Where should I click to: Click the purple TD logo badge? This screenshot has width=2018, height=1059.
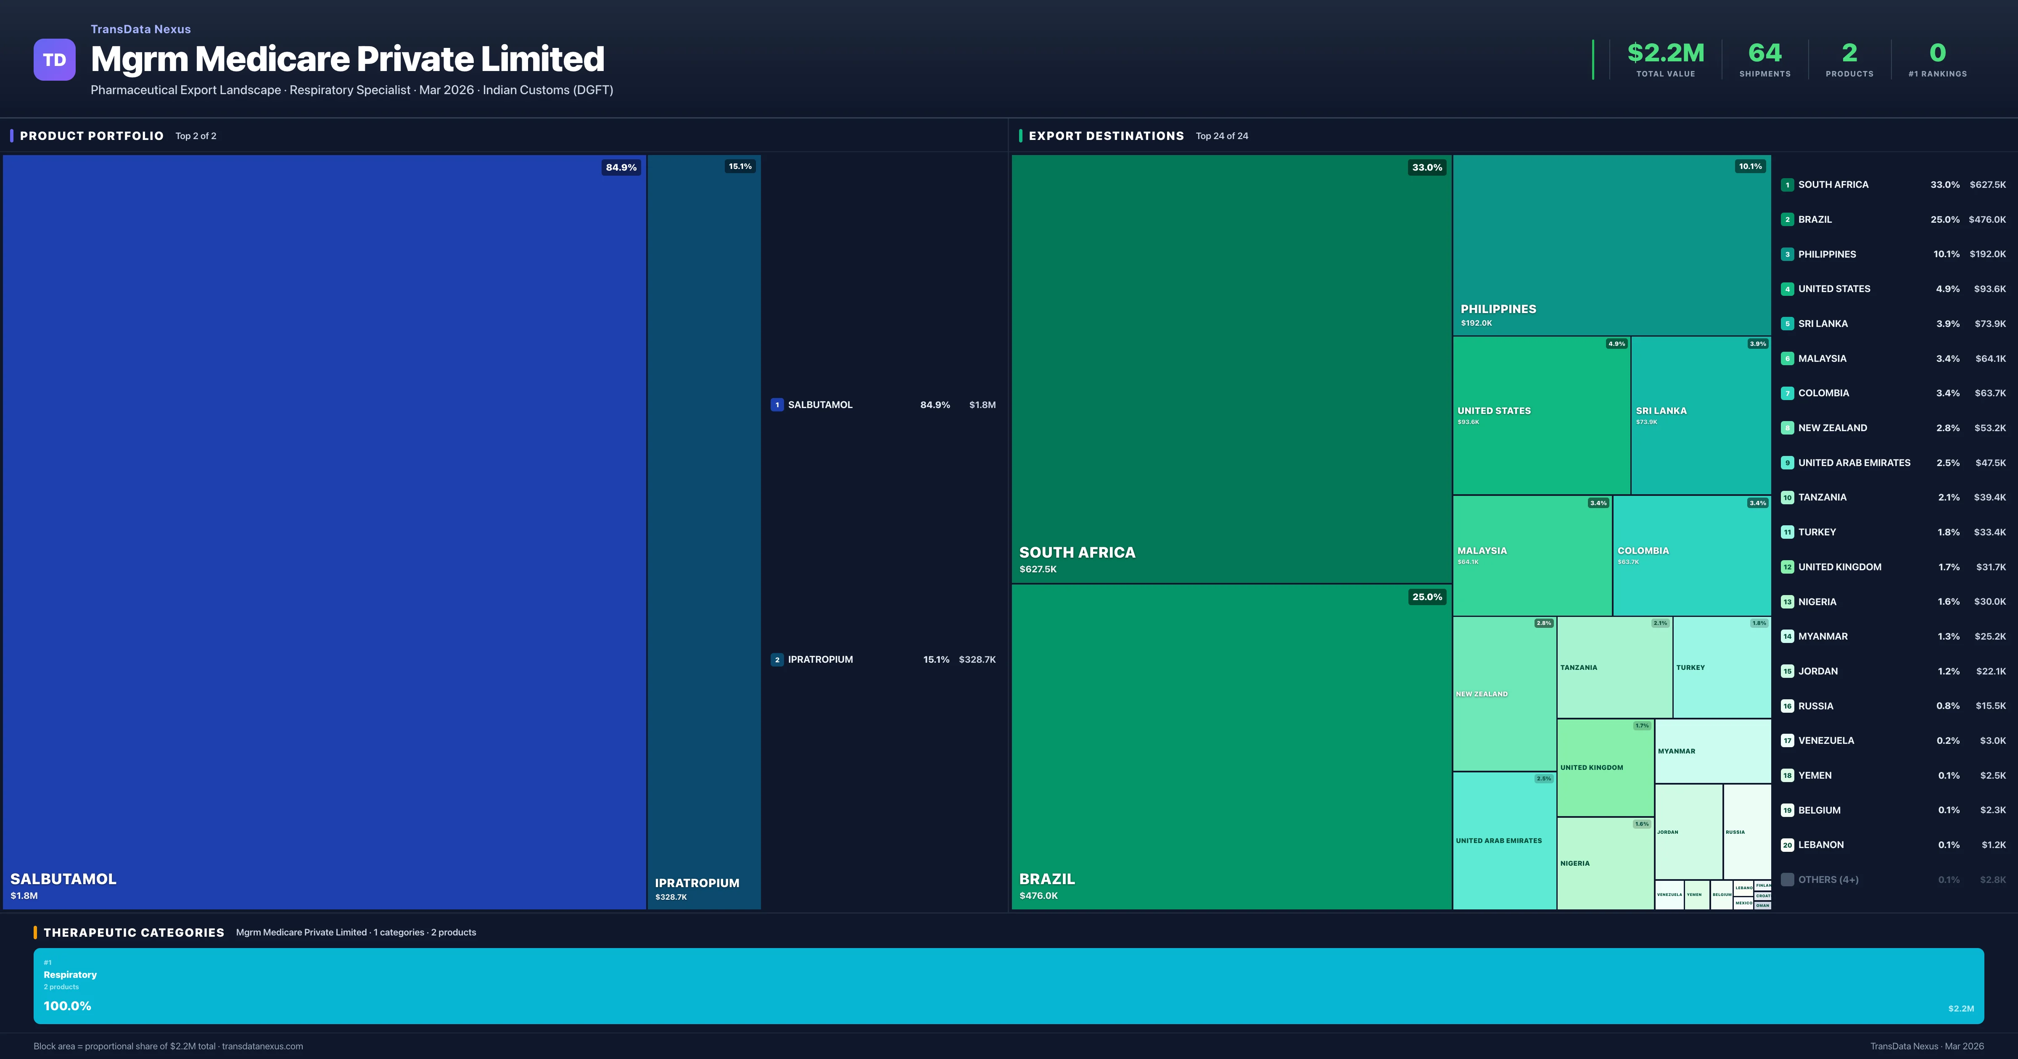54,60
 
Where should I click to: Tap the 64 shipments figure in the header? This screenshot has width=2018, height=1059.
1764,53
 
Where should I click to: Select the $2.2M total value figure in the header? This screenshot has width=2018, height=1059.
1665,53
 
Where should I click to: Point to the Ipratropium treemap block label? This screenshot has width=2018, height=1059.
697,883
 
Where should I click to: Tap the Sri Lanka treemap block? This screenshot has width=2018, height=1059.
1700,415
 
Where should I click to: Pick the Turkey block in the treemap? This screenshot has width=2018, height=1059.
1721,667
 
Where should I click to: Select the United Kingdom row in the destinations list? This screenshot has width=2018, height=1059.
1838,567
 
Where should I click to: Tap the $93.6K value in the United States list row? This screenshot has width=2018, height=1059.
1989,289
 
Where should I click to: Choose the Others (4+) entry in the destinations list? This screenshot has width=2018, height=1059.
1828,880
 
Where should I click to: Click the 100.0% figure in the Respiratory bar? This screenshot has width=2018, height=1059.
67,1006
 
